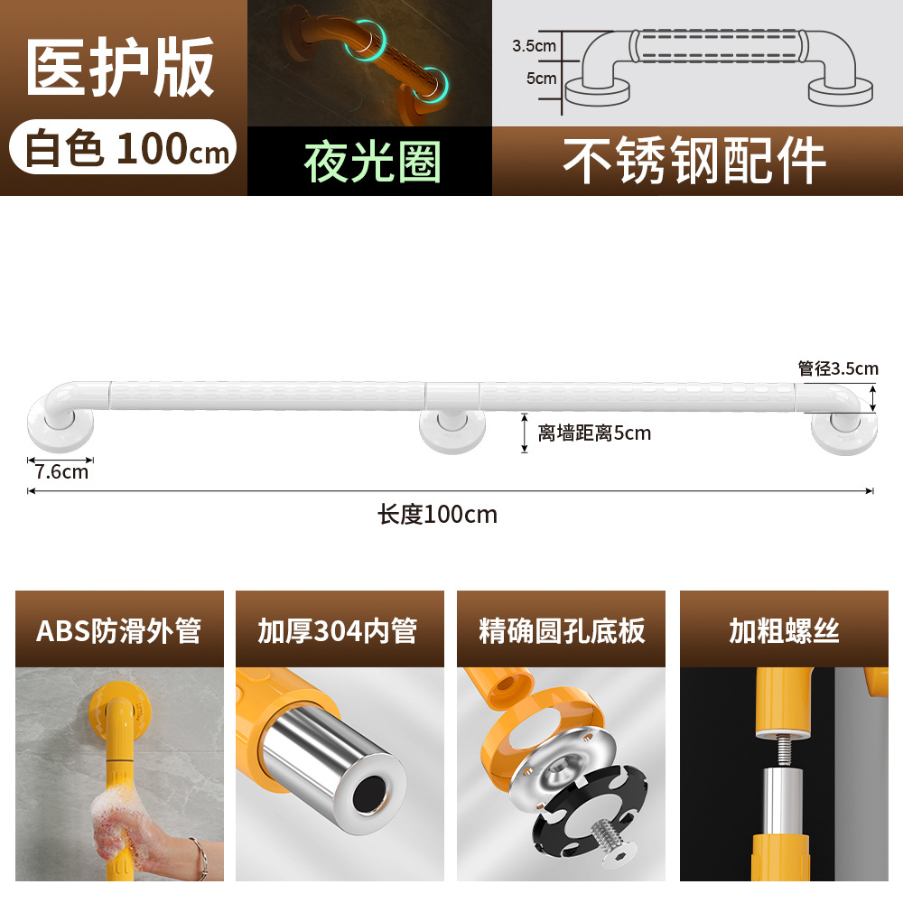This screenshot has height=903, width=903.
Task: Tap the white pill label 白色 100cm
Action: tap(124, 147)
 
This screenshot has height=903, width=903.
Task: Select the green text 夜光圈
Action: tap(372, 163)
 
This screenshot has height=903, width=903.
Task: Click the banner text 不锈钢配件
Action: tap(694, 162)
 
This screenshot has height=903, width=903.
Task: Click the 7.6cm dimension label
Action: tap(61, 470)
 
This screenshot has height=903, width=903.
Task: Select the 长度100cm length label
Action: tap(437, 515)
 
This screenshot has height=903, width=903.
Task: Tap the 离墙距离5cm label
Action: tap(593, 433)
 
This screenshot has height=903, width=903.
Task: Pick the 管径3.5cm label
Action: tap(837, 368)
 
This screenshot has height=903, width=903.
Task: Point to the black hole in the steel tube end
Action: tap(368, 796)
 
